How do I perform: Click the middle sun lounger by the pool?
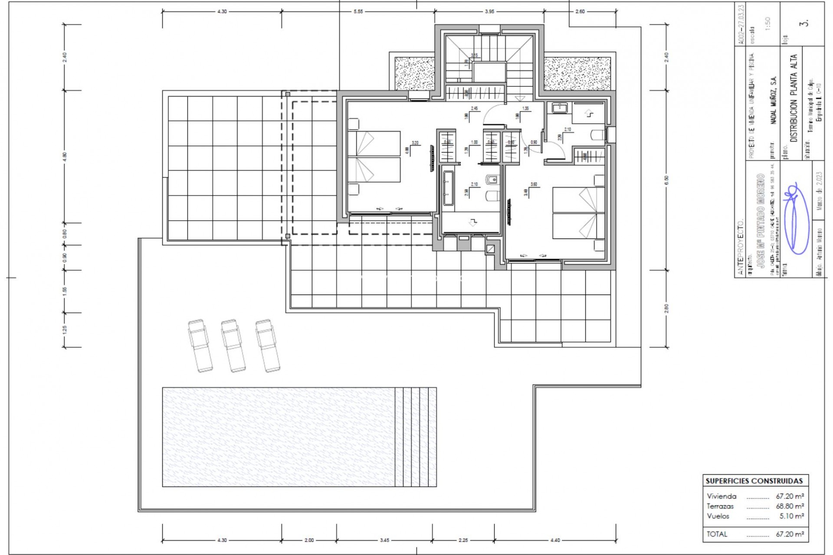coord(233,346)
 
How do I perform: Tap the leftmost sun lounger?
coord(200,346)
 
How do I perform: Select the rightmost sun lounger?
coord(267,346)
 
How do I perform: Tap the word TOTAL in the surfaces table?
coord(717,534)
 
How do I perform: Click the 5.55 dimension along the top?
coord(358,12)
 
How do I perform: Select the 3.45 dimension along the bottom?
coord(384,540)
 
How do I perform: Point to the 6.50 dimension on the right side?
coord(666,179)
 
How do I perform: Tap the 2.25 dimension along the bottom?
coord(463,540)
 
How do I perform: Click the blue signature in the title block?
coord(795,219)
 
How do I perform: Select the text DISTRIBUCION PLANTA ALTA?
coord(794,98)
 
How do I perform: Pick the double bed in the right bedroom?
coord(578,213)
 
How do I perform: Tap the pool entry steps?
coord(415,437)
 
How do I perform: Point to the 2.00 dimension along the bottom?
coord(309,540)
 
